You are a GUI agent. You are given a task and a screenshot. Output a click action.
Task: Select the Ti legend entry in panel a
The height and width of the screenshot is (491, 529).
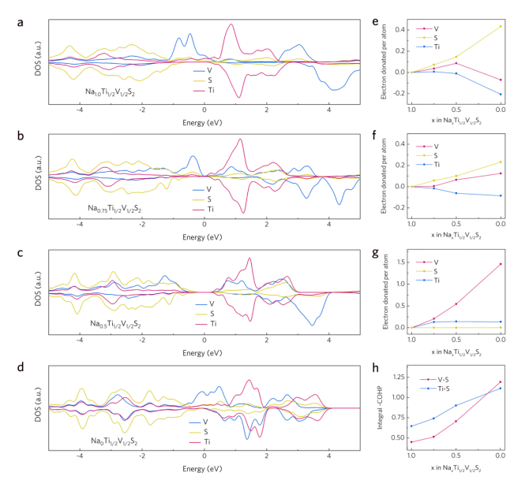tap(211, 91)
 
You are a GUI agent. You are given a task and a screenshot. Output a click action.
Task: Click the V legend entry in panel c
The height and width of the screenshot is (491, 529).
tap(210, 304)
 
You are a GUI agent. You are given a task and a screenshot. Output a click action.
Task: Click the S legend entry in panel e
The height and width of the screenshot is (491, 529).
tap(440, 36)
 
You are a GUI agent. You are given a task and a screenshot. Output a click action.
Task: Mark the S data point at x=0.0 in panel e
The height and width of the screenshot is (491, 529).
tap(501, 26)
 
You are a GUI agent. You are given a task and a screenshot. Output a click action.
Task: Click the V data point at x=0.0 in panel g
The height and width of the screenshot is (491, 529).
tap(501, 264)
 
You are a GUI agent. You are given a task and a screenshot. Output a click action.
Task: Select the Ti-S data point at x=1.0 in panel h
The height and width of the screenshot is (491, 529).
tap(411, 426)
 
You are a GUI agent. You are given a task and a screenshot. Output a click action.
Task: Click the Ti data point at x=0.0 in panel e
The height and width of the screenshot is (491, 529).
tap(501, 94)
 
